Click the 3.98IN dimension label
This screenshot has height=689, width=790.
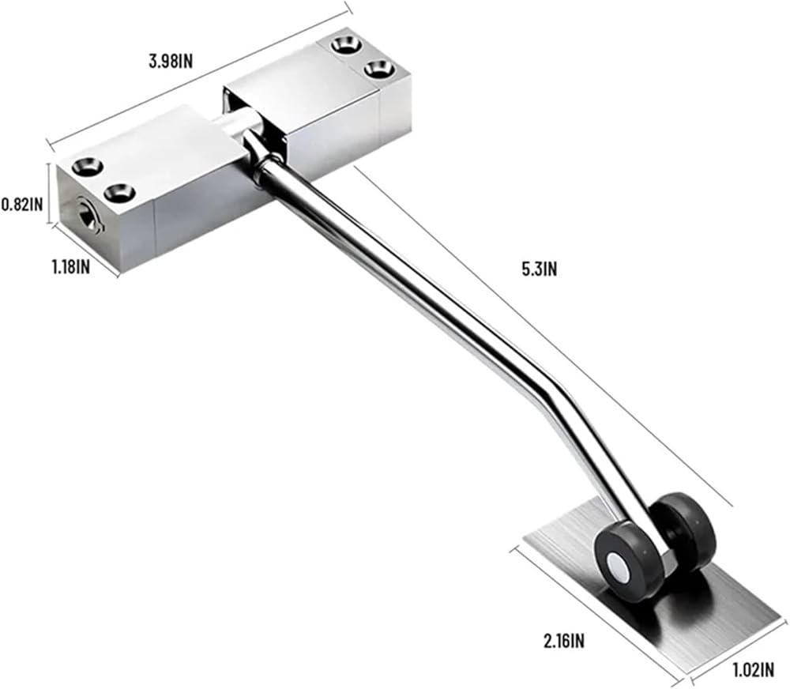click(x=171, y=62)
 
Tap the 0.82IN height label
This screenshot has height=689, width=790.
click(x=22, y=205)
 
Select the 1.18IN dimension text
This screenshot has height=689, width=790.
click(x=71, y=266)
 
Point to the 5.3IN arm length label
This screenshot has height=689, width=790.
click(x=539, y=269)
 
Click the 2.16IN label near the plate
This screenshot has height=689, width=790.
click(x=564, y=641)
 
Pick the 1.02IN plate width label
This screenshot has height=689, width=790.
click(x=753, y=670)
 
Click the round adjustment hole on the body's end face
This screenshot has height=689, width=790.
click(x=85, y=213)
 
